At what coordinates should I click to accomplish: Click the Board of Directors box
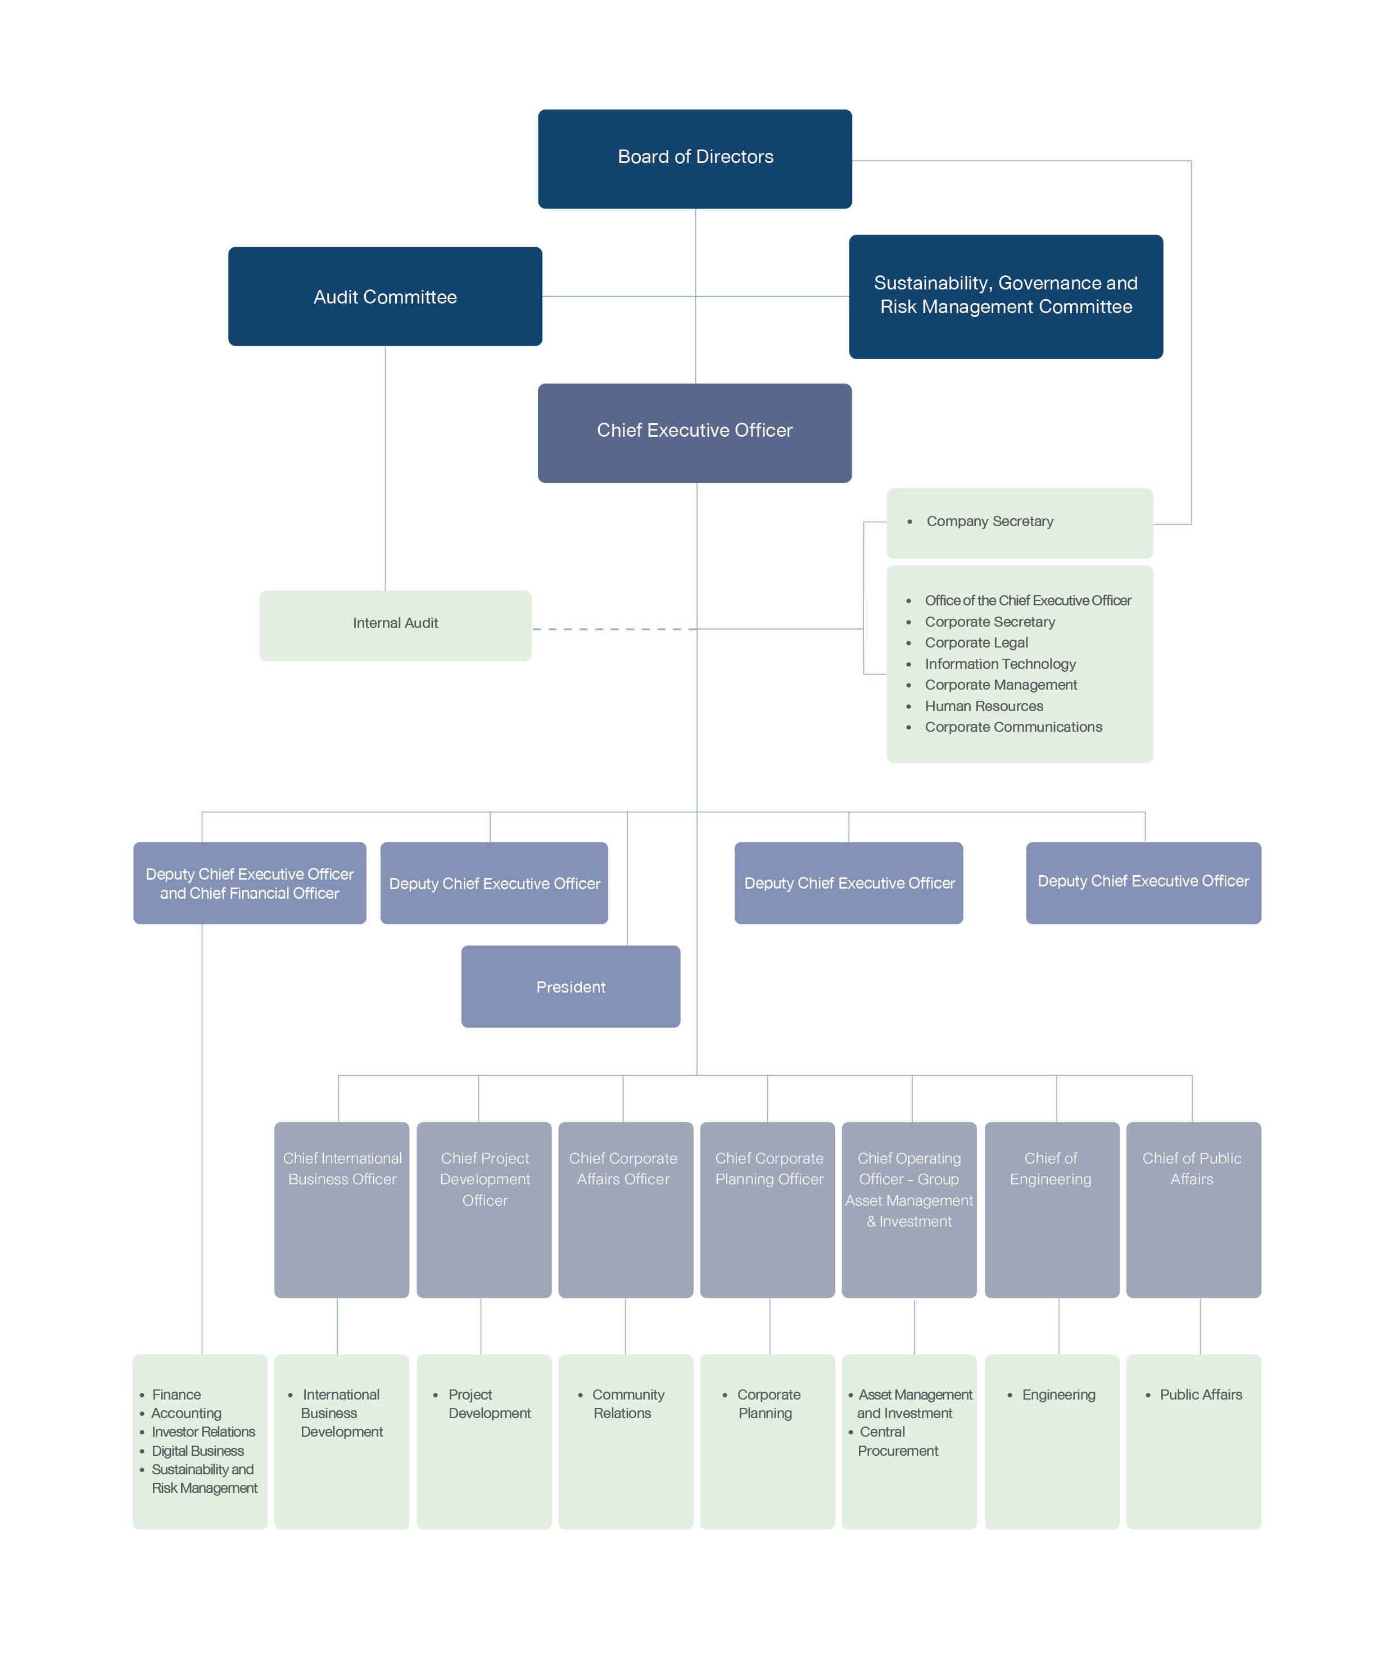click(695, 159)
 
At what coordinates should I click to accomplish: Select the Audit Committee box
click(385, 296)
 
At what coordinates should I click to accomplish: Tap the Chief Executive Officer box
click(695, 433)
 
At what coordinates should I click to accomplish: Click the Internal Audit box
click(395, 626)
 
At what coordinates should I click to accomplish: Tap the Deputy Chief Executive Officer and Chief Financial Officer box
click(250, 882)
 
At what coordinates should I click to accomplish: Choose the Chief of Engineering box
click(1052, 1210)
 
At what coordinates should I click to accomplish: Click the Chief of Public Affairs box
click(1193, 1210)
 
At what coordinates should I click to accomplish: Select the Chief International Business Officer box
click(341, 1210)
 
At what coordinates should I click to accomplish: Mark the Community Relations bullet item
click(622, 1404)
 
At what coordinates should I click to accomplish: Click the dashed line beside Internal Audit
click(614, 629)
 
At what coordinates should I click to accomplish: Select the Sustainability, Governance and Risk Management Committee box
click(1006, 296)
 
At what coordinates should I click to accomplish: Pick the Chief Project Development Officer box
click(483, 1210)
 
